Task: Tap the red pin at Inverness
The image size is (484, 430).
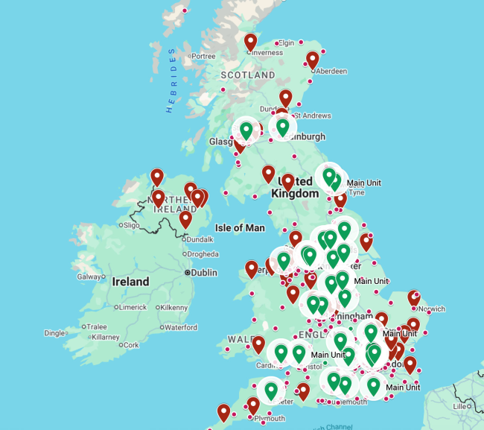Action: pos(251,42)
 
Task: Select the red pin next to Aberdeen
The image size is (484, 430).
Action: pos(313,60)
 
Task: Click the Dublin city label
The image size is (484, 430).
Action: pos(203,273)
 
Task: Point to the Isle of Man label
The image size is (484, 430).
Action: pos(240,227)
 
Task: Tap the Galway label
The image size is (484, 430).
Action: pos(89,276)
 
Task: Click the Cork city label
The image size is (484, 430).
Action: pos(131,345)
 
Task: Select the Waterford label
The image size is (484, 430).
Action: pos(181,327)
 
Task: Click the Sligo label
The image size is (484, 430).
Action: pos(131,224)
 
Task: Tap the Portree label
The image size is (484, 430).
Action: pos(203,56)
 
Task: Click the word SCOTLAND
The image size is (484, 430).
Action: pos(248,75)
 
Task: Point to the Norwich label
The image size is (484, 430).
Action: pos(431,309)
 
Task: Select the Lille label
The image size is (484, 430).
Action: pos(459,406)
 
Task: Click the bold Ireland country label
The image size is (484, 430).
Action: pos(130,282)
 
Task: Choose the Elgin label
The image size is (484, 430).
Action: pos(287,42)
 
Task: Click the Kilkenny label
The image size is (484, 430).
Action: pos(173,307)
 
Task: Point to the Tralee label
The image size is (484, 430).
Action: pos(96,326)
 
